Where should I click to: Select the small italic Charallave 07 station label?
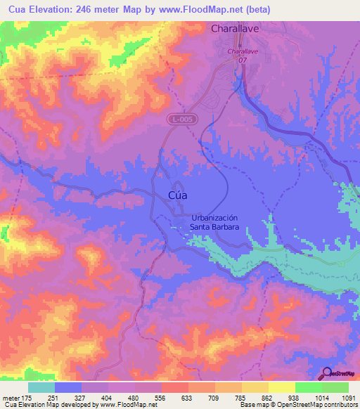(242, 56)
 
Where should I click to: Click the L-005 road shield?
(181, 121)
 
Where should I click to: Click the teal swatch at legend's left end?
(41, 387)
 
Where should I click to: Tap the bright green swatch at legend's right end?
(335, 387)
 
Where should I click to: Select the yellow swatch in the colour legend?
(282, 387)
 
